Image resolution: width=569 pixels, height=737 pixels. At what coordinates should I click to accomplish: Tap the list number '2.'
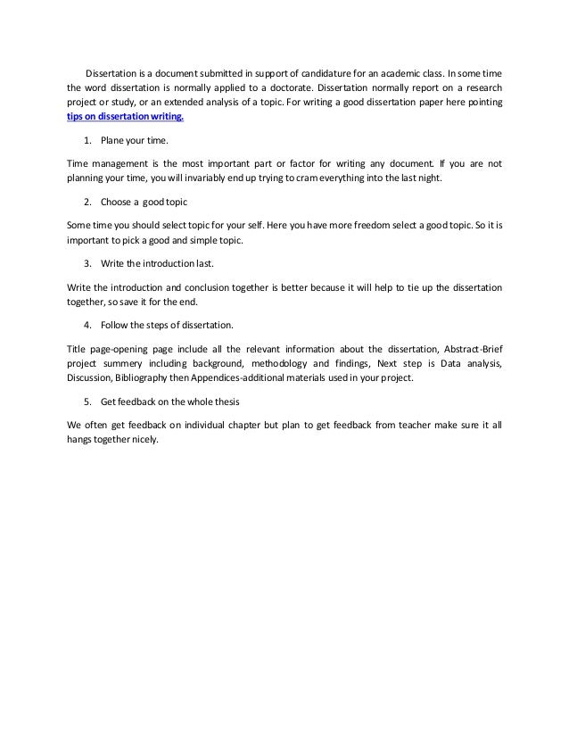[87, 203]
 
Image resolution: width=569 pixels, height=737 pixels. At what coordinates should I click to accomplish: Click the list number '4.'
[87, 324]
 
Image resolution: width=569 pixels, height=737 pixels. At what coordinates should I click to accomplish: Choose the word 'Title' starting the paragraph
[78, 347]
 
